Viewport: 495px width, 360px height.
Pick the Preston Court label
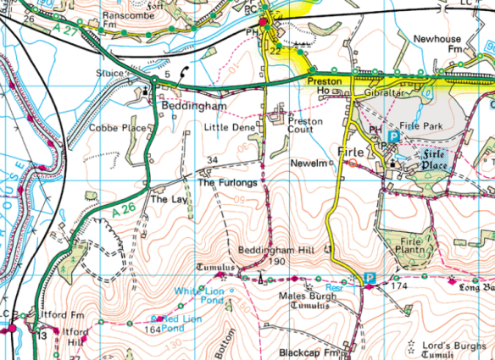305,126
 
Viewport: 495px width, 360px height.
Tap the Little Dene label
229,127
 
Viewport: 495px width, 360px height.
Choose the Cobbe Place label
118,128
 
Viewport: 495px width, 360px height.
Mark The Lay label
165,200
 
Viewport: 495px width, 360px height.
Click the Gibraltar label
388,90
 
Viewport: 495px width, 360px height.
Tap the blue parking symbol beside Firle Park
392,136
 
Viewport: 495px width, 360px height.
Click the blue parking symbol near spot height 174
370,278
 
